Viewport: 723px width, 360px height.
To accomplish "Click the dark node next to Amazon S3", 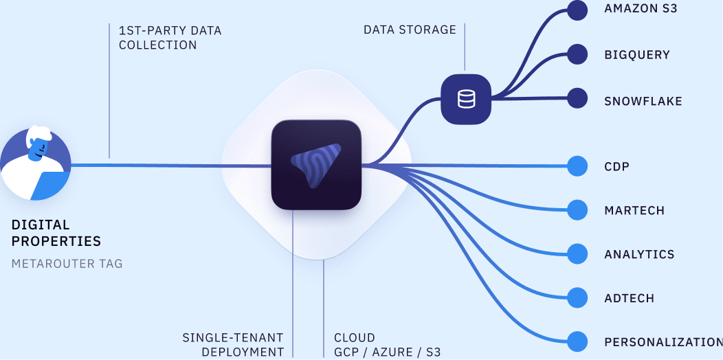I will [577, 10].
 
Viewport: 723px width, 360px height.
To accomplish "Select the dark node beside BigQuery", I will [577, 54].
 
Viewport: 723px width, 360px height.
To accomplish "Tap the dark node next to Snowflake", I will [577, 98].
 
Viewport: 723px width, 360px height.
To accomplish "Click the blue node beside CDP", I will [577, 166].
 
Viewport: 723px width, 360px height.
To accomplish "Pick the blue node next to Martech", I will [577, 210].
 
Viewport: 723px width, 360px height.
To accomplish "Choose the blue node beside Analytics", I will [577, 254].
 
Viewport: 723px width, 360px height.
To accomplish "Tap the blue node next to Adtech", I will [577, 297].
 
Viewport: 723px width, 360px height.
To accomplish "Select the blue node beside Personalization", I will [577, 341].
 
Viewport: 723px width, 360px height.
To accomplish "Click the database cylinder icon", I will [466, 99].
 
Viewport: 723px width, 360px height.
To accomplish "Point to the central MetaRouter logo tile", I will [316, 165].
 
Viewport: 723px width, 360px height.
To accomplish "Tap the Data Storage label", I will [410, 30].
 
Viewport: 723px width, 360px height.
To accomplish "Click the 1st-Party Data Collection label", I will [170, 38].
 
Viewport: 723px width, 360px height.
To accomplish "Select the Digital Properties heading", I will [56, 233].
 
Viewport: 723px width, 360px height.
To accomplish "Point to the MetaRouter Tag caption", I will [67, 263].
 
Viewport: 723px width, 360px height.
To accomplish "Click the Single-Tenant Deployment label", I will [233, 345].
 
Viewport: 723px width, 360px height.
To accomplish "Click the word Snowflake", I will [643, 101].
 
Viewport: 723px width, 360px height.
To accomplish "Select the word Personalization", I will [663, 342].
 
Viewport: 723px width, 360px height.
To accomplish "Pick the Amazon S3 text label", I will [641, 9].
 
